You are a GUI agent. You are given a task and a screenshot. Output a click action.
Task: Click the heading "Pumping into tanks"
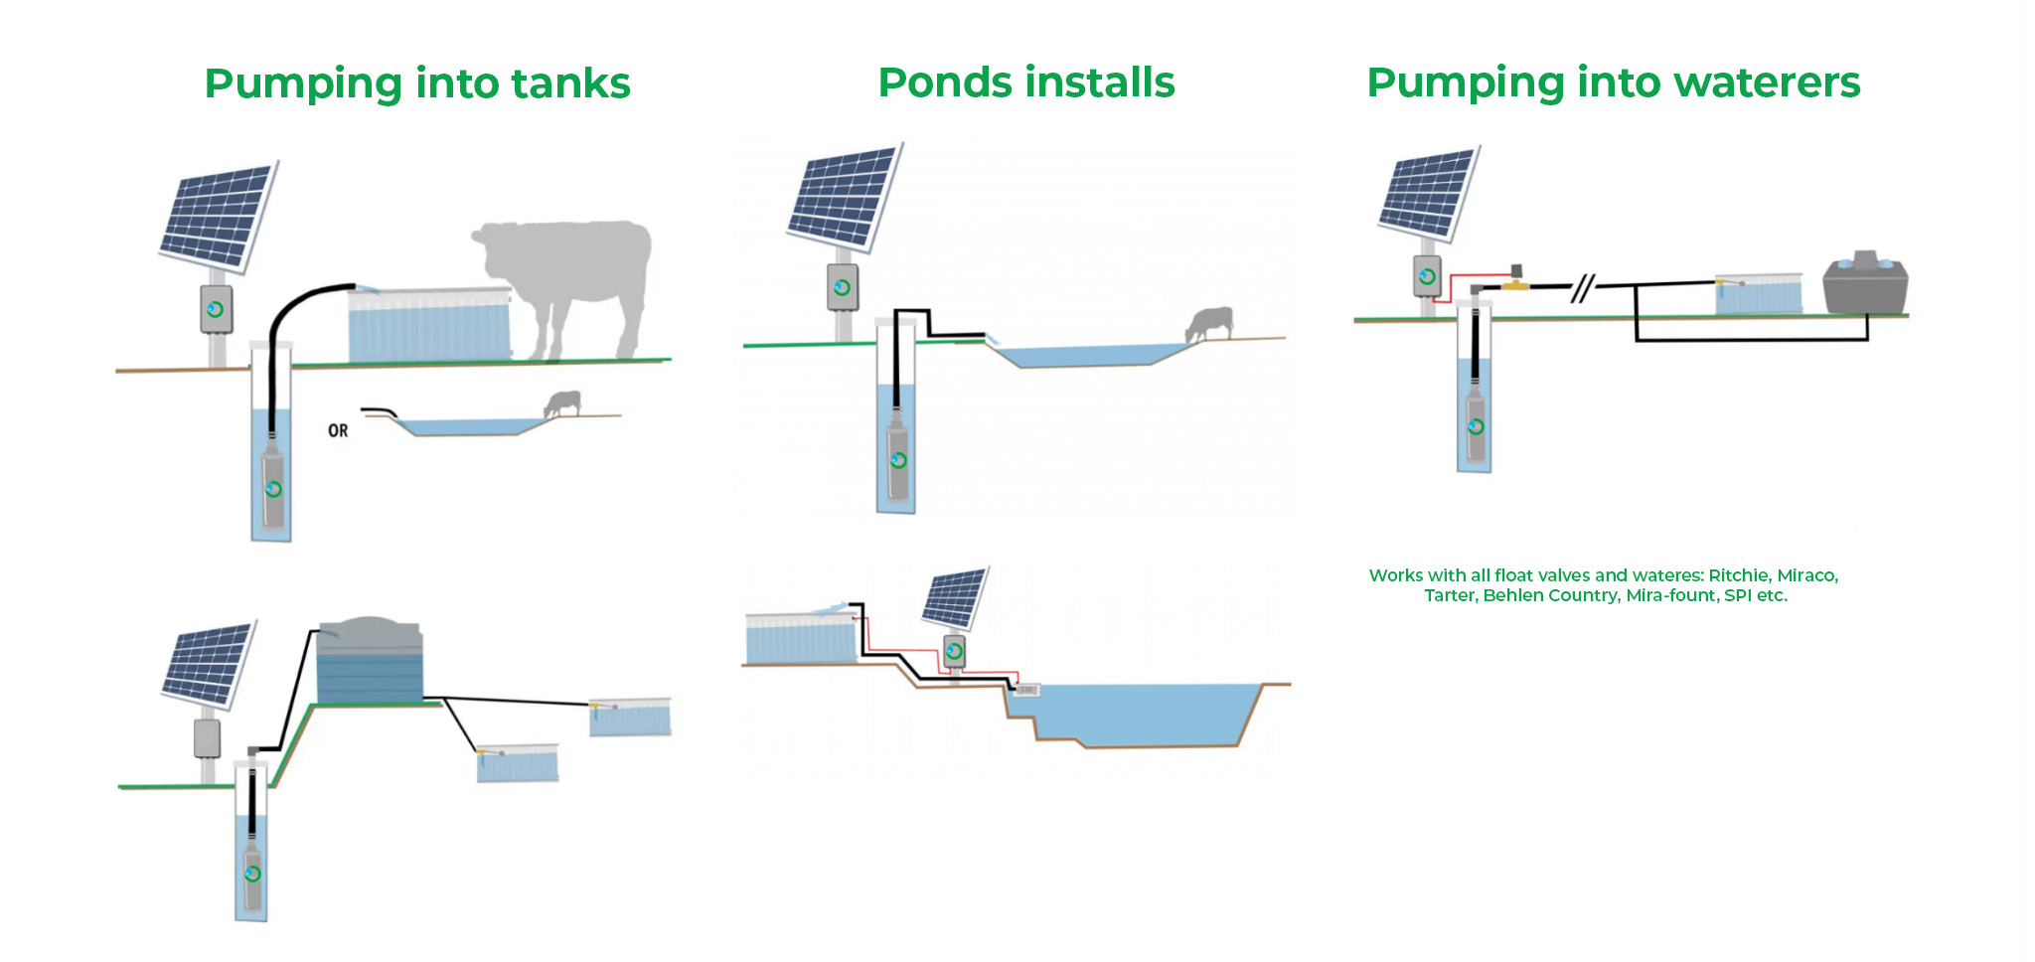pos(417,83)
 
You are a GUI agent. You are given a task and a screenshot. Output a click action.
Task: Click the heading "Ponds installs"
pos(1026,82)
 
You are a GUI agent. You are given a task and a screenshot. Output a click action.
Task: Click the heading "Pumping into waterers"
pos(1613,82)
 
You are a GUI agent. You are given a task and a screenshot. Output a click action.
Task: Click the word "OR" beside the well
pos(338,430)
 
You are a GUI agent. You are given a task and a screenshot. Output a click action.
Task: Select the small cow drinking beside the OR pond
pos(562,402)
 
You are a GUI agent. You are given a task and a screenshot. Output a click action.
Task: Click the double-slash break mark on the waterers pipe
pos(1582,288)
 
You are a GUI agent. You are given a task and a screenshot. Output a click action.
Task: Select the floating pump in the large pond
pos(1026,689)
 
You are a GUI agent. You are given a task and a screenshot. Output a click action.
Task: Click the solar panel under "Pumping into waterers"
pos(1429,195)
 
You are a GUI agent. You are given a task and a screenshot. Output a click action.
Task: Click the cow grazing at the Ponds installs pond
pos(1210,324)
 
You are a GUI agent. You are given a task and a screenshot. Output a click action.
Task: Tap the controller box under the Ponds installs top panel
pos(843,287)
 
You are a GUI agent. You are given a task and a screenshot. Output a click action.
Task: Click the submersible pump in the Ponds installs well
pos(898,460)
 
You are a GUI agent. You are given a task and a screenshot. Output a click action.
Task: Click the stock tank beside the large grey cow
pos(429,325)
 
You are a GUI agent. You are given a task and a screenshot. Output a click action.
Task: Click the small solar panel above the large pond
pos(955,596)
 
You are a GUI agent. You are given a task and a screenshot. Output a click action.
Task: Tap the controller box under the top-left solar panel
pos(216,309)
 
